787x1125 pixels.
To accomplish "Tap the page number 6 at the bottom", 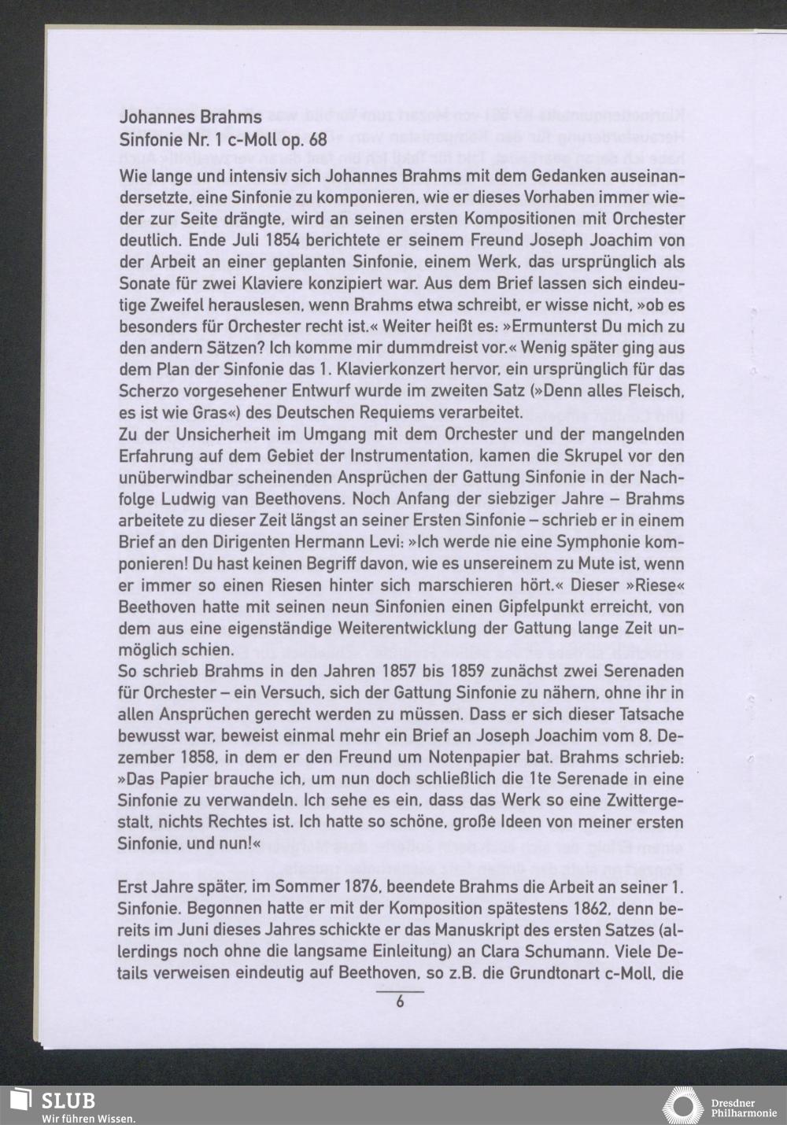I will (400, 1002).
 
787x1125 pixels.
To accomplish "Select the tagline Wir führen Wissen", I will (89, 1119).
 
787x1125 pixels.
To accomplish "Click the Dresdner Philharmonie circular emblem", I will (682, 1105).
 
